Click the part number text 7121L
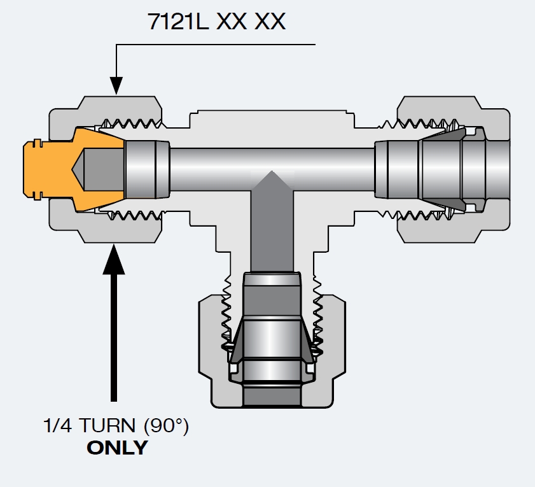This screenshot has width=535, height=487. [178, 22]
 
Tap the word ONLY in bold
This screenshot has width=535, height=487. [116, 447]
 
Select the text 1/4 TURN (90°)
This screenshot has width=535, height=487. [116, 426]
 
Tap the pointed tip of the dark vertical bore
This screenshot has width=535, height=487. [272, 173]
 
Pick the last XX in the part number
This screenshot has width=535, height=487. [270, 22]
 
